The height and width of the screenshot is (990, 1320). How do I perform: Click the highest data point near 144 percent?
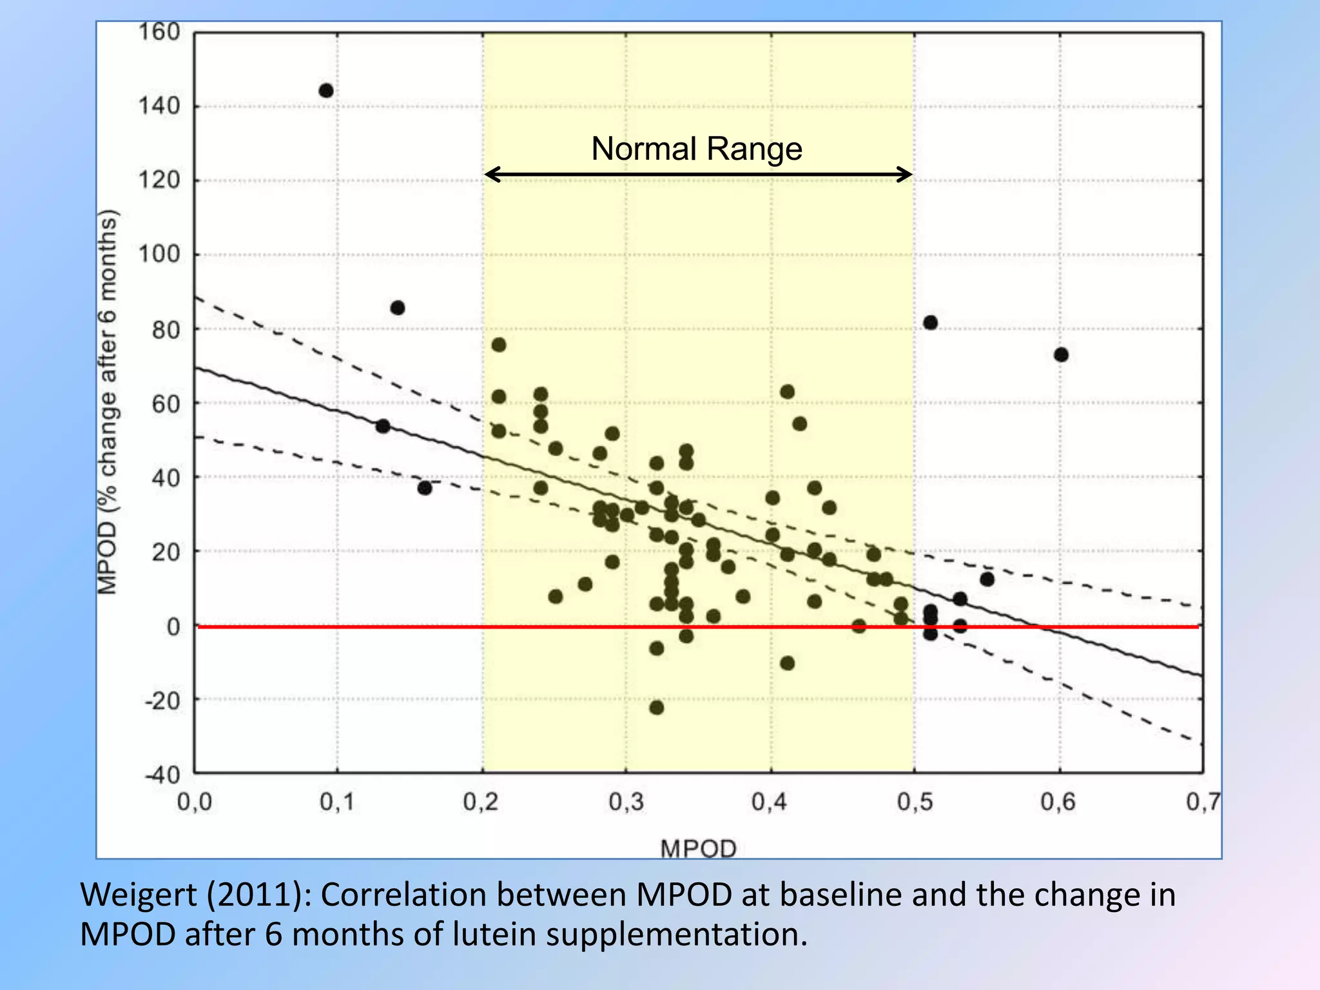[326, 91]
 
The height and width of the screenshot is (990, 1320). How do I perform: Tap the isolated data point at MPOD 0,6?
[1061, 355]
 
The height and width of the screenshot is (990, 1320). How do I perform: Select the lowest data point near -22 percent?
[656, 708]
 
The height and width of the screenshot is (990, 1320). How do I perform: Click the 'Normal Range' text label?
[697, 149]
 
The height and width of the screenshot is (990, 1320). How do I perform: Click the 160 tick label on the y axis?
[159, 32]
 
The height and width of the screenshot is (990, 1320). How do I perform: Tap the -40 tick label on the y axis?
[162, 774]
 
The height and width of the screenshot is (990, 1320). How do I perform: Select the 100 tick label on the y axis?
[159, 254]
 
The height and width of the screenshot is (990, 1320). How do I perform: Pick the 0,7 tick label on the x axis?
[1203, 802]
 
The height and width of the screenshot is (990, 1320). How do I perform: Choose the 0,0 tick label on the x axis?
[194, 802]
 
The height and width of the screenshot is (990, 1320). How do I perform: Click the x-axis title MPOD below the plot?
[698, 848]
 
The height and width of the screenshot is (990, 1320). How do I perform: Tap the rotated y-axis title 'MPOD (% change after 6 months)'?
[107, 402]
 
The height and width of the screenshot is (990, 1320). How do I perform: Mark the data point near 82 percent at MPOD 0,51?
[930, 323]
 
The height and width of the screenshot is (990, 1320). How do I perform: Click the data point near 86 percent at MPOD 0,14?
[398, 308]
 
